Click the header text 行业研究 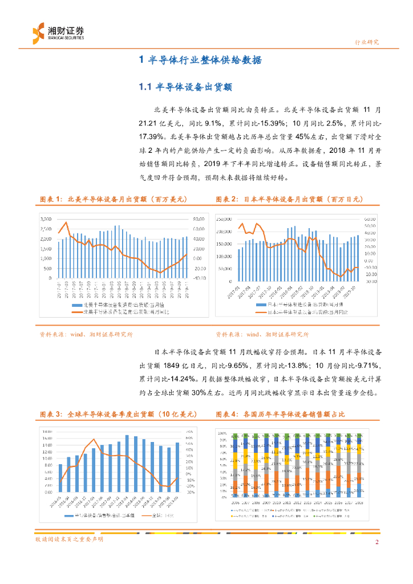click(x=367, y=42)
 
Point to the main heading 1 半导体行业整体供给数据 click(x=201, y=60)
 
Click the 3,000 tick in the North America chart click(x=46, y=219)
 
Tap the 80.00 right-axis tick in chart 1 click(x=199, y=219)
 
